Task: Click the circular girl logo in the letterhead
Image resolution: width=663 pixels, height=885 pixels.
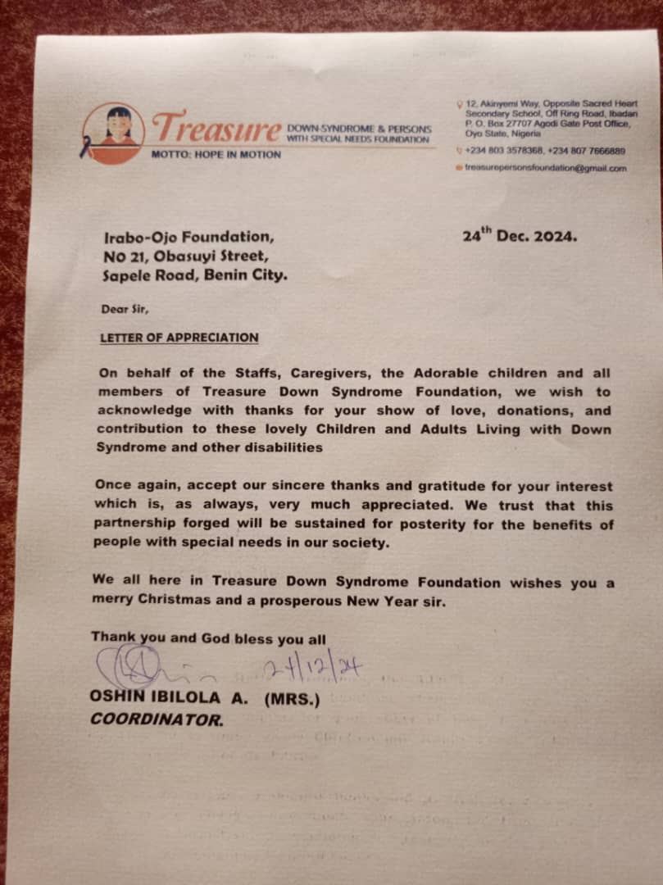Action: (x=113, y=133)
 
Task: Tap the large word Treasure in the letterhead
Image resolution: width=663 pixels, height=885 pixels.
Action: (x=216, y=129)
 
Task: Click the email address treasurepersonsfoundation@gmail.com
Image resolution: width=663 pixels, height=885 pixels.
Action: (x=545, y=168)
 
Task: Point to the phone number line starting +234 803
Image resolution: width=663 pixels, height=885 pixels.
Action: (x=545, y=151)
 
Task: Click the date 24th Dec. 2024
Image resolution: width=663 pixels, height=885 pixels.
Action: (x=520, y=236)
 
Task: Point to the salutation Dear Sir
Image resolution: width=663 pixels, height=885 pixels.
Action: (x=125, y=310)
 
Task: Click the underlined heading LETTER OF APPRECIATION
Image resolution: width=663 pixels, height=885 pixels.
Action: (x=179, y=337)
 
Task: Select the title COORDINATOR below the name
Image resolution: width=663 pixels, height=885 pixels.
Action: (x=156, y=720)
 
